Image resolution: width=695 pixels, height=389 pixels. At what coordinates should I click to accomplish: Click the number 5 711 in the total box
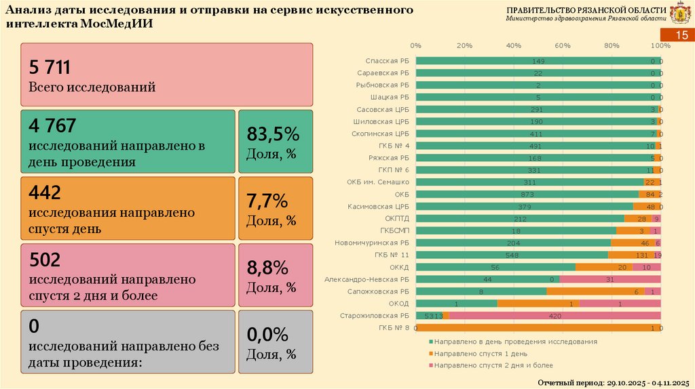pyautogui.click(x=50, y=66)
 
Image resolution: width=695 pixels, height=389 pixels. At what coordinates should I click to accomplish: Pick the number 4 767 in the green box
pyautogui.click(x=52, y=125)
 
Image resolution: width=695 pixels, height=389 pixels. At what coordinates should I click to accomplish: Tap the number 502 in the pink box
pyautogui.click(x=45, y=259)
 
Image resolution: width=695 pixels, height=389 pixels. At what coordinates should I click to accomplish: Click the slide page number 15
pyautogui.click(x=679, y=37)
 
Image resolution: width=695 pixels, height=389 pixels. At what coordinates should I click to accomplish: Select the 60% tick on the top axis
pyautogui.click(x=563, y=45)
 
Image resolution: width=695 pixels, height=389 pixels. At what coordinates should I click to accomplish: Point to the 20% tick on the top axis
pyautogui.click(x=464, y=45)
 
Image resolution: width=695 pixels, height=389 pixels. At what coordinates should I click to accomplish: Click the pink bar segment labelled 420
pyautogui.click(x=555, y=315)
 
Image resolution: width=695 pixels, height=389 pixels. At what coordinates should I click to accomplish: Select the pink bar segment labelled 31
pyautogui.click(x=609, y=279)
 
